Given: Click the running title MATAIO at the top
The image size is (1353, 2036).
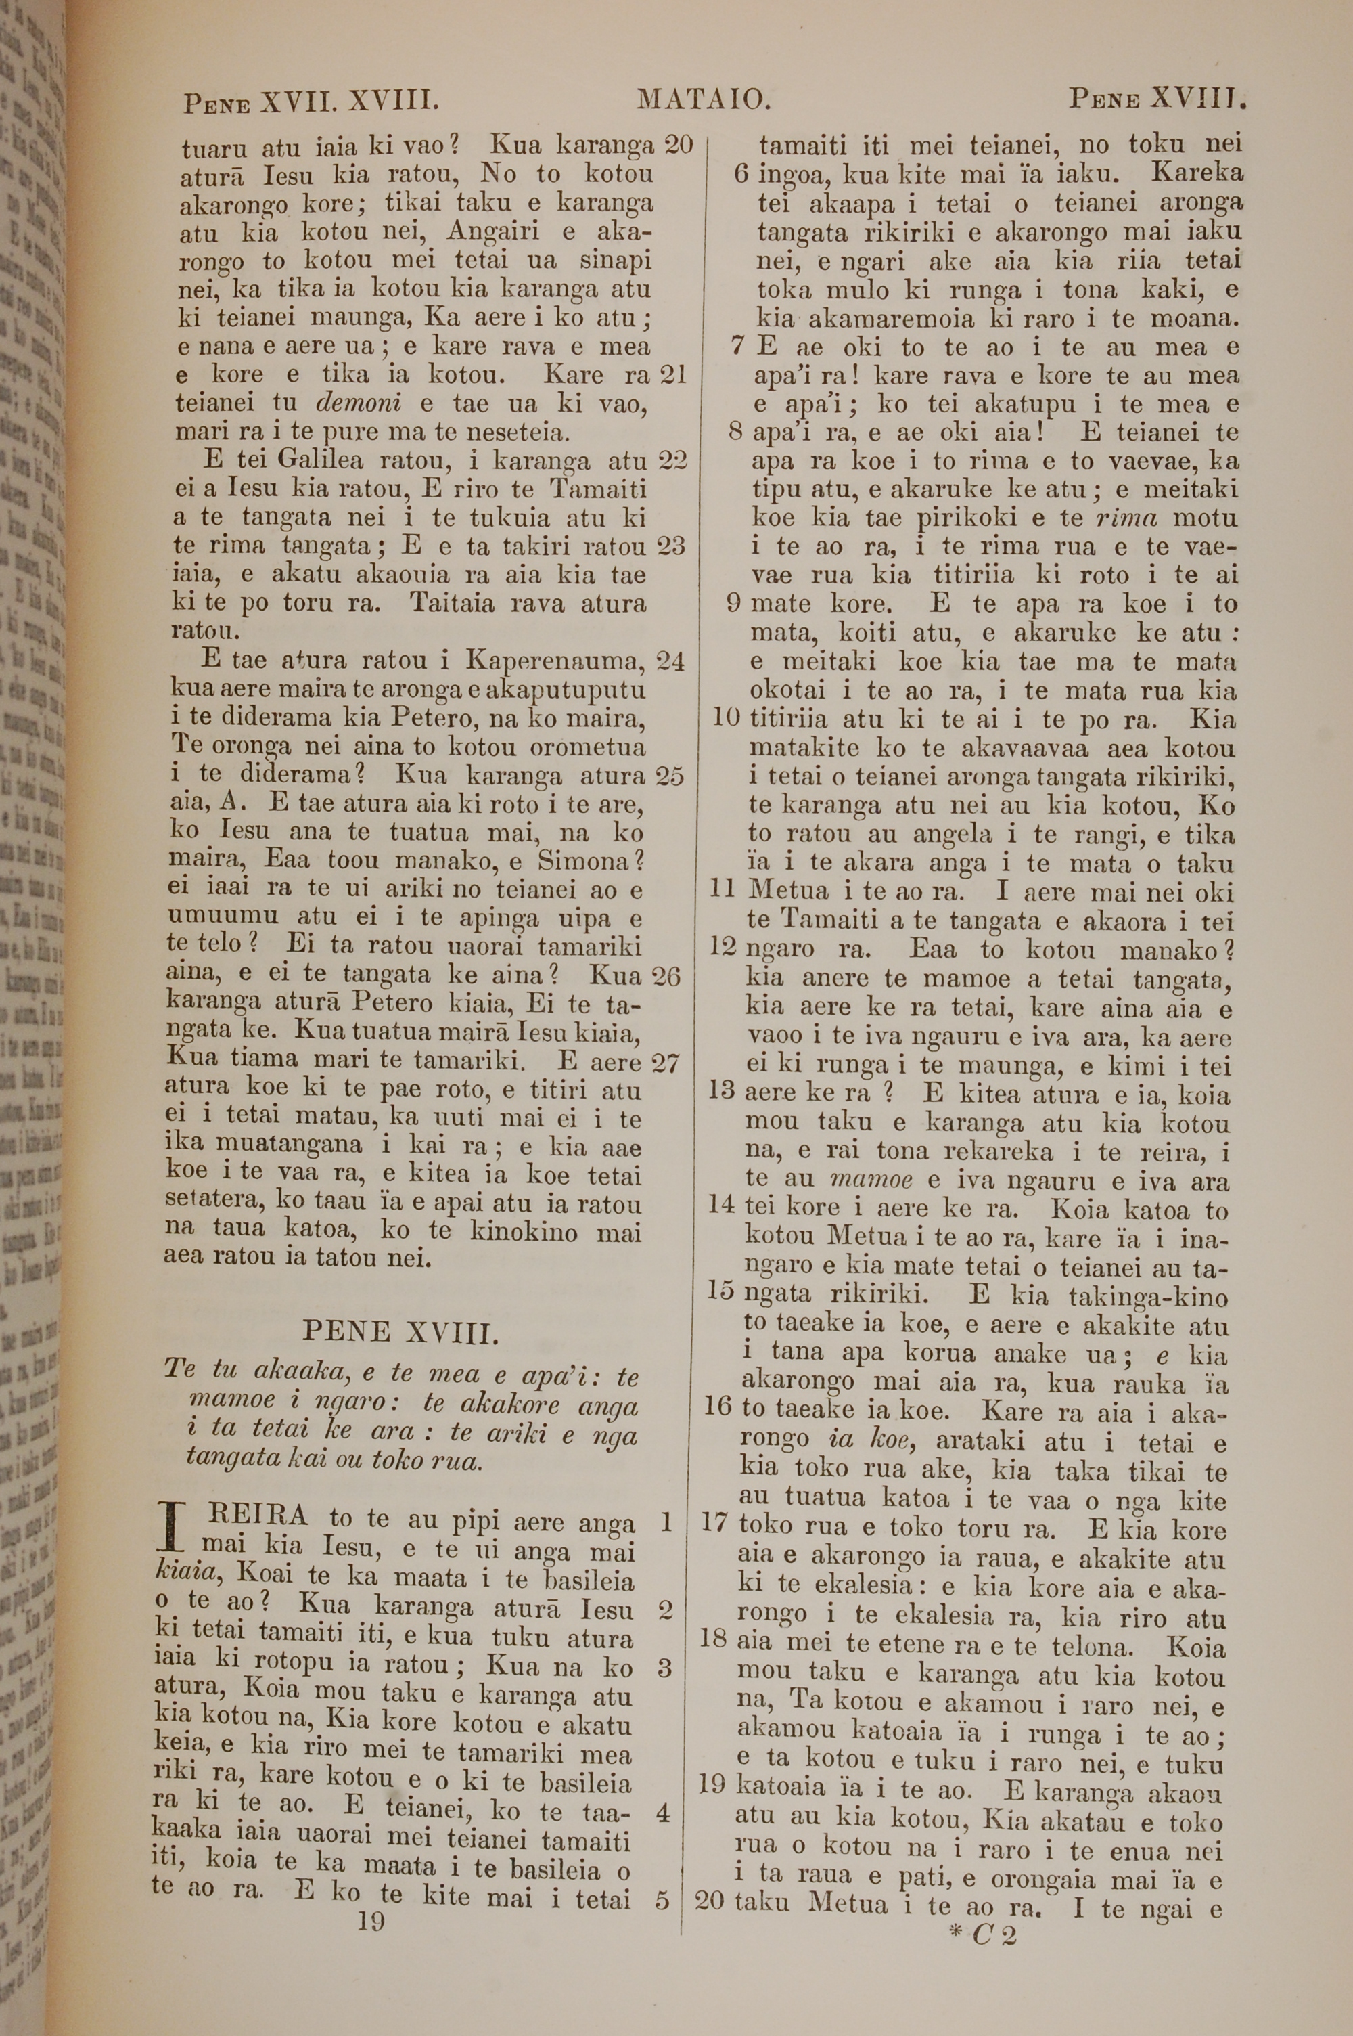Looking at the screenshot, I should tap(704, 100).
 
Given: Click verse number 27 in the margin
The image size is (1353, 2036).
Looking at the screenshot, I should tap(665, 1063).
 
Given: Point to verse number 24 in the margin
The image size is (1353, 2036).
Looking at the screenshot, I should tap(670, 661).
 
